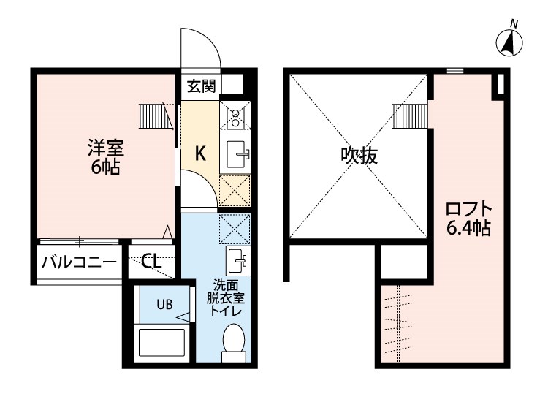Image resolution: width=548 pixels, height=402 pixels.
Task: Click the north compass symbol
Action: pos(509,43)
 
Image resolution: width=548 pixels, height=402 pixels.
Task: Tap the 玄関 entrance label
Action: pos(201,86)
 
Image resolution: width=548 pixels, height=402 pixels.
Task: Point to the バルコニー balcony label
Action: pos(79,262)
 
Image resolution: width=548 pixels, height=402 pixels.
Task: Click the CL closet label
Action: pos(152,262)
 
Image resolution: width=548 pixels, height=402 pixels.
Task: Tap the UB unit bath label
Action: pos(164,306)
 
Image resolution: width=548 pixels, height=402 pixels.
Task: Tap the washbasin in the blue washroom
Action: pos(236,259)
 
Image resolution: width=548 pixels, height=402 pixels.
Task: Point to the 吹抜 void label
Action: pos(359,155)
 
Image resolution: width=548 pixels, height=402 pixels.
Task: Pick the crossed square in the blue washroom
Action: pos(235,228)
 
